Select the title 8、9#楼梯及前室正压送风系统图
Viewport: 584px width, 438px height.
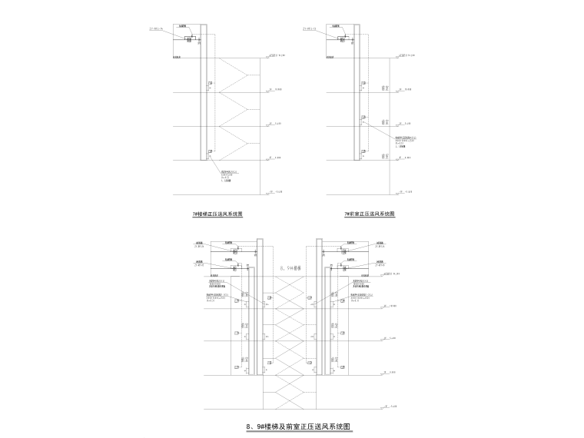(x=297, y=426)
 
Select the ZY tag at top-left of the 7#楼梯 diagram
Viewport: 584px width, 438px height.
(x=157, y=30)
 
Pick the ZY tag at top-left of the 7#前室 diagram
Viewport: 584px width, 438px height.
(x=310, y=30)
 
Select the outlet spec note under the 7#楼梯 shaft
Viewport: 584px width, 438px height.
(x=231, y=177)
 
